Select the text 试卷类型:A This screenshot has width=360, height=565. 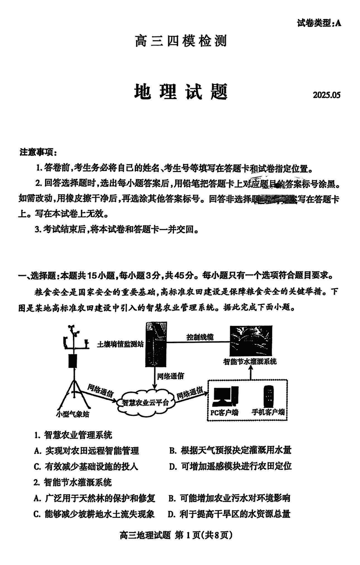pyautogui.click(x=319, y=23)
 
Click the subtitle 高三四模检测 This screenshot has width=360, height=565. pyautogui.click(x=180, y=41)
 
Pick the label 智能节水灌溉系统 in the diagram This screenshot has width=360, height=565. pyautogui.click(x=250, y=361)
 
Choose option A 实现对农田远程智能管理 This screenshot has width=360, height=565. pyautogui.click(x=86, y=451)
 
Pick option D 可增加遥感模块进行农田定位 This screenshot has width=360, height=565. pyautogui.click(x=230, y=466)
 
